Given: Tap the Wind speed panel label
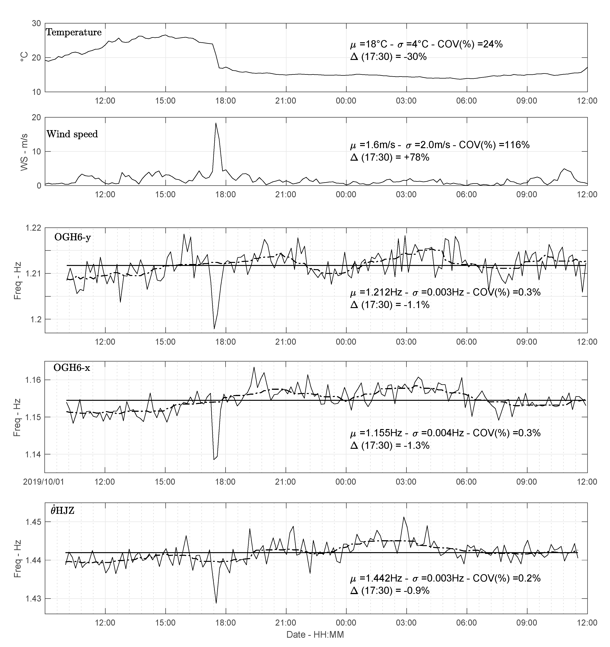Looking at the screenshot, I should tap(72, 134).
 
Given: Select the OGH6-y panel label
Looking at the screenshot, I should tap(73, 237).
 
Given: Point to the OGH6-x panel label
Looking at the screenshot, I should tap(72, 368).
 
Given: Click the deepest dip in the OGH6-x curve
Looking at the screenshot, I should tap(214, 460).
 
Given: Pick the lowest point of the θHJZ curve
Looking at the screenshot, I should tap(216, 603).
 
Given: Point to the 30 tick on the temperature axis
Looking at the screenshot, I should tap(36, 24).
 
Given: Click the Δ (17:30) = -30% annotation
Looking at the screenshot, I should tap(388, 57).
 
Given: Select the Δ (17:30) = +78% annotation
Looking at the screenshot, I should tap(389, 157).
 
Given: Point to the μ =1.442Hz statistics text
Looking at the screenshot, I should tap(445, 578).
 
